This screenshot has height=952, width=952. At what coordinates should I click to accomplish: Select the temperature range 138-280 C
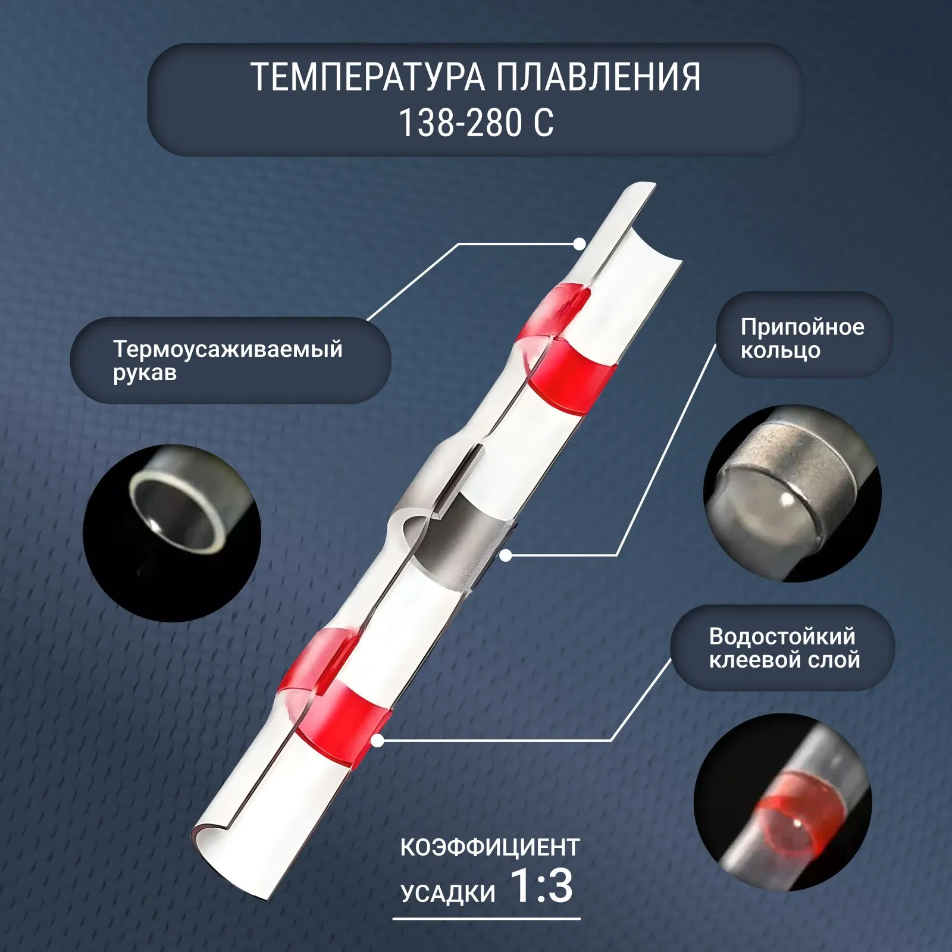[476, 122]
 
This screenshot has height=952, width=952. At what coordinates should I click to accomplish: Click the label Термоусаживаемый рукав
[228, 360]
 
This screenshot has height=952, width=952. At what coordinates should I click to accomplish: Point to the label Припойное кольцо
[802, 338]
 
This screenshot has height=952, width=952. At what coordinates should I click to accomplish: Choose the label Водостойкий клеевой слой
[784, 648]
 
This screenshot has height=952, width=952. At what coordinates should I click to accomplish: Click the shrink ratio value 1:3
[541, 886]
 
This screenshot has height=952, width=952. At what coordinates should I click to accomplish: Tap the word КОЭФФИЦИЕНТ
[490, 847]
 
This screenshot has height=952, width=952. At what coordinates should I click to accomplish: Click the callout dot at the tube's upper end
[579, 243]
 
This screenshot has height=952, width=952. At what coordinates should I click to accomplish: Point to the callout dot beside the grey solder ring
[506, 556]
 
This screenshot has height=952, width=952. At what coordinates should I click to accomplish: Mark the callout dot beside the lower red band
[377, 740]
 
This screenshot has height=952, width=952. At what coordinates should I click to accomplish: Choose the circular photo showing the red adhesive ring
[783, 803]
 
